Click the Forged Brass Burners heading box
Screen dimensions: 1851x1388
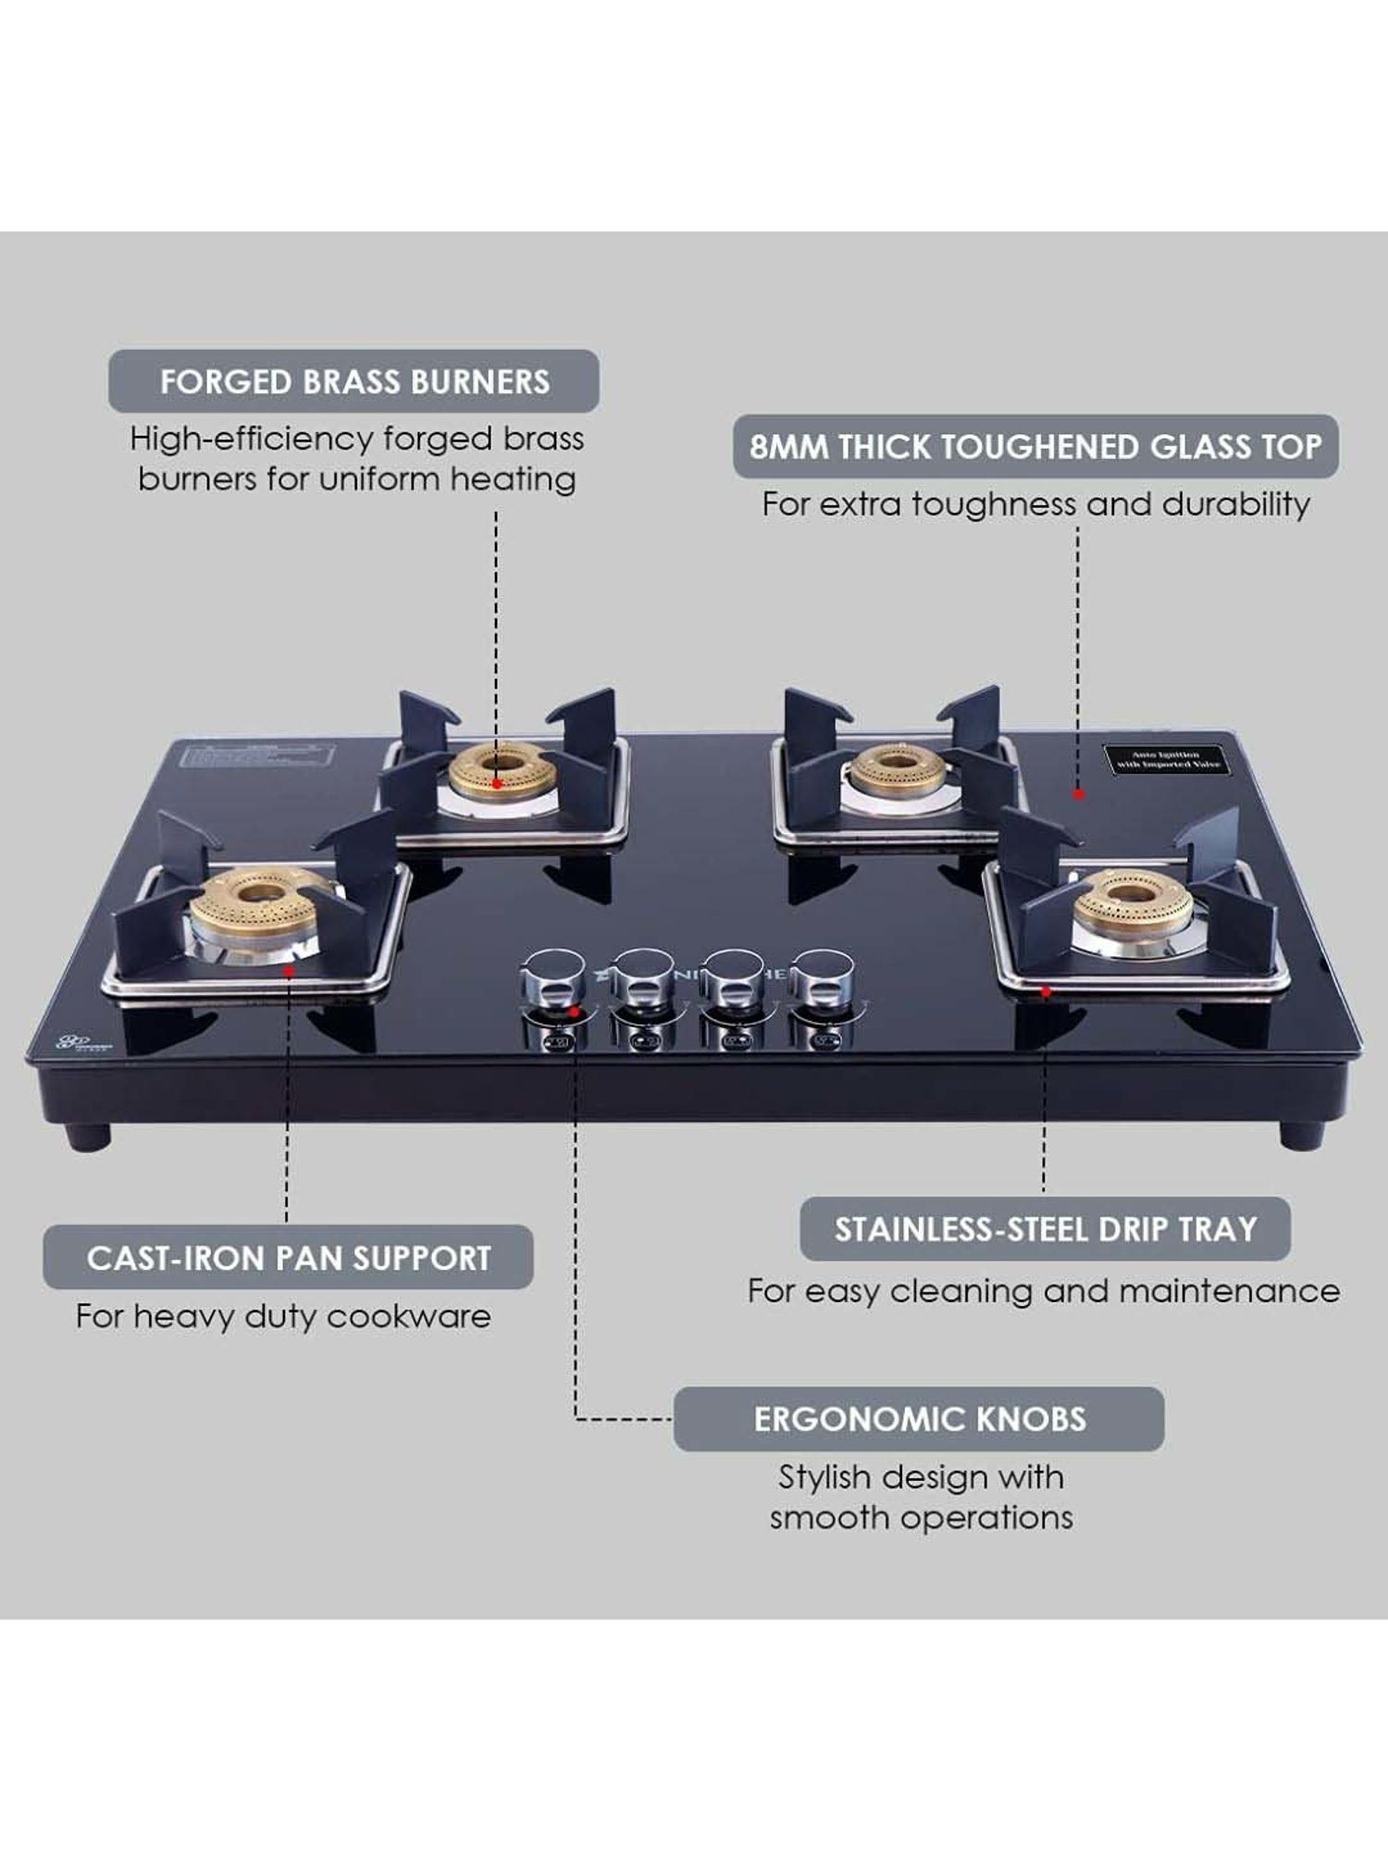pos(353,381)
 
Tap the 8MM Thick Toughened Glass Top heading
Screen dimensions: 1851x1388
pos(1035,447)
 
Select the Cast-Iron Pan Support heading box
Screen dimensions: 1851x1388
pos(288,1258)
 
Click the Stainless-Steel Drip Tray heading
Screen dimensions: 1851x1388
pos(1045,1229)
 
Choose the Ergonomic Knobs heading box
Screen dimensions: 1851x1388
pos(919,1419)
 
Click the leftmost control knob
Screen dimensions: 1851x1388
pos(552,983)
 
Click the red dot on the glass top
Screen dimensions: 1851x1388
pos(1078,794)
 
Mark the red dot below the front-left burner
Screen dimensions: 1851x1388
pos(289,971)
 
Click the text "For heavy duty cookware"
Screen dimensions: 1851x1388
pos(283,1316)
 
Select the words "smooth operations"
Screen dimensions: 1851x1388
pos(922,1518)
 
